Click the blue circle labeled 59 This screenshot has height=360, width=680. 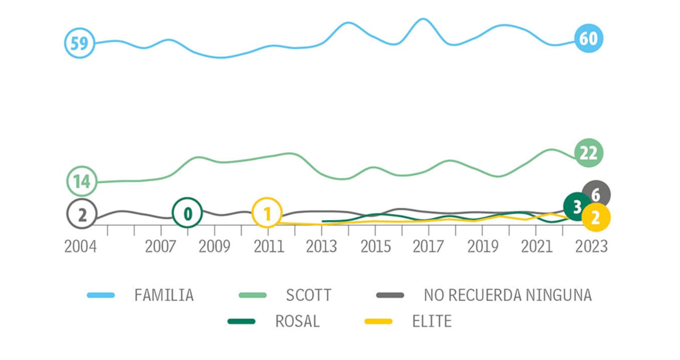80,43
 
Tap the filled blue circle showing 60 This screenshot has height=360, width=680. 589,39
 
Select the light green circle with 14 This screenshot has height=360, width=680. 82,182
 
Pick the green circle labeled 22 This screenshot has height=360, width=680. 589,153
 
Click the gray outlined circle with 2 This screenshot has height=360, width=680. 82,215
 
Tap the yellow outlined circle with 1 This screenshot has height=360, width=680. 267,213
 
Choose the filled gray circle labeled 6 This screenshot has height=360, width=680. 596,195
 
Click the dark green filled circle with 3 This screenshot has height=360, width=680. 577,206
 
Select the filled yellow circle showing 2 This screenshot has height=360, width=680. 596,218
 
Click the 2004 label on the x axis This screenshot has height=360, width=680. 81,247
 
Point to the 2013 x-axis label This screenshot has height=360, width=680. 321,247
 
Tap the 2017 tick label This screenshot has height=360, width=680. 429,247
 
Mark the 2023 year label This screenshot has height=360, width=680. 591,247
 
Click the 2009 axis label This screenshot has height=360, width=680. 214,247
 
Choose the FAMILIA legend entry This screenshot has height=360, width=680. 164,295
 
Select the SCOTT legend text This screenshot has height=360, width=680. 309,295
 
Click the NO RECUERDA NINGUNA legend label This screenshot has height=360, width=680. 507,295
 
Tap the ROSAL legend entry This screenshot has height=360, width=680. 297,322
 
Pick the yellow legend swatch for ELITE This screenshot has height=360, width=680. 377,322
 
